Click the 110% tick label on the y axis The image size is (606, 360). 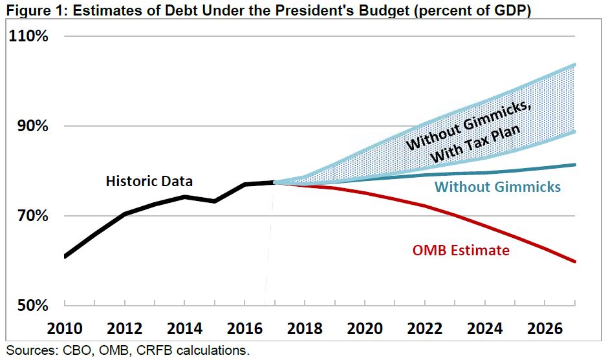tap(29, 37)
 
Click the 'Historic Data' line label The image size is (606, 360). tap(149, 182)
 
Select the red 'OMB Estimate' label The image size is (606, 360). tap(460, 250)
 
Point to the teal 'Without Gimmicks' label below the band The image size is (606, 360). tap(497, 187)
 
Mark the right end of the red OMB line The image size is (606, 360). tap(575, 261)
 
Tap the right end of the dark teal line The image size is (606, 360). tap(575, 165)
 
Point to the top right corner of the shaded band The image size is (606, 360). tap(575, 65)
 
